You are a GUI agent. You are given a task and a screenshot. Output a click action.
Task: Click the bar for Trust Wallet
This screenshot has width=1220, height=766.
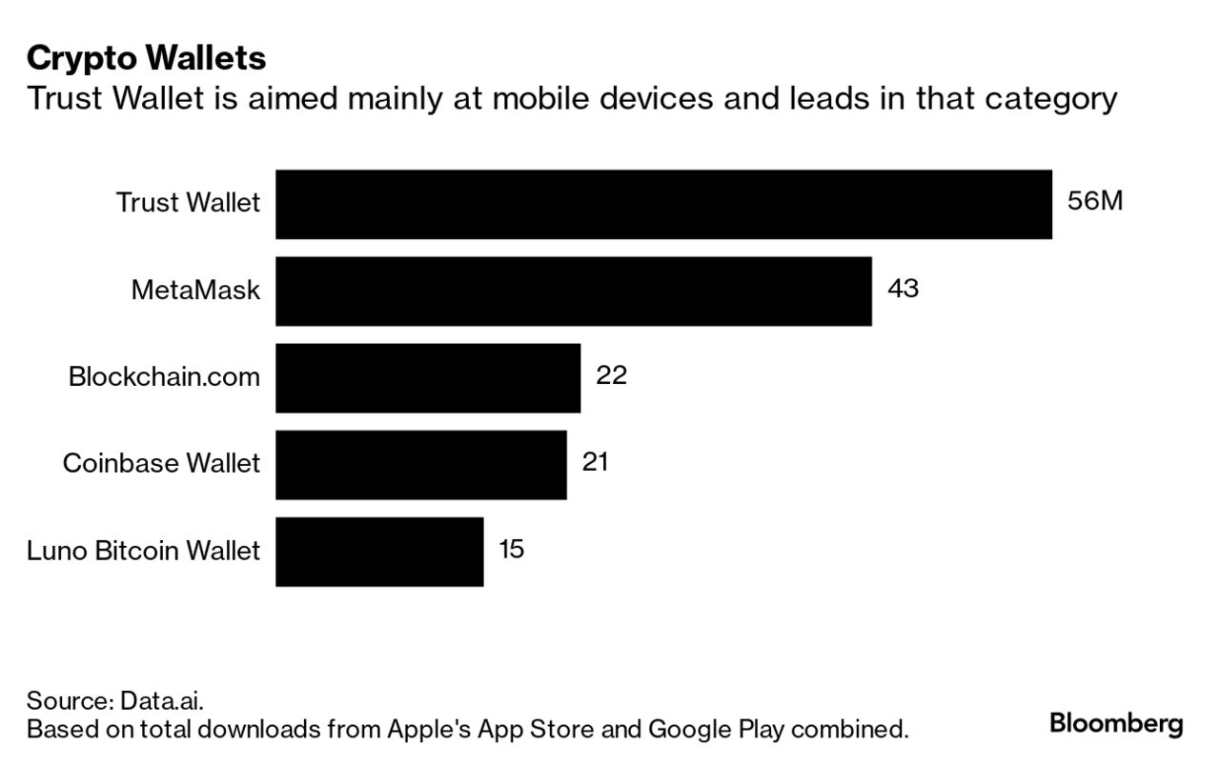[x=663, y=204]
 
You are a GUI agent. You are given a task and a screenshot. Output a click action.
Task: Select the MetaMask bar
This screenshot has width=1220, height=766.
[x=573, y=291]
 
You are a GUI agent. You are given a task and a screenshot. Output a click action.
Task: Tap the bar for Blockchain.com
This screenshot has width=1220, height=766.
[x=428, y=377]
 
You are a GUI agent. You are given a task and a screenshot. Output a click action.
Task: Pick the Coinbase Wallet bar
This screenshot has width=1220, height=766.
[x=420, y=464]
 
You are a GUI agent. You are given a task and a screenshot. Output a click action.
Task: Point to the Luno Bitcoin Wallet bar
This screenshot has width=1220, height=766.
[x=379, y=552]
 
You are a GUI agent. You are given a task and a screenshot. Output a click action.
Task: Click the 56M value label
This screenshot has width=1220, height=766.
[x=1095, y=202]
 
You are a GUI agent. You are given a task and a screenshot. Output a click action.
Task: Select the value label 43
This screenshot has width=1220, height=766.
[x=903, y=289]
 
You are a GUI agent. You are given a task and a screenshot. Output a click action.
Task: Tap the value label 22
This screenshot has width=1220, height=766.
[x=611, y=375]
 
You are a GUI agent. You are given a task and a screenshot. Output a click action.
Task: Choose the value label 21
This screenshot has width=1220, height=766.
[x=595, y=462]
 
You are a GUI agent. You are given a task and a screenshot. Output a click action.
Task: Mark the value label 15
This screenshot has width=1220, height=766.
[x=511, y=550]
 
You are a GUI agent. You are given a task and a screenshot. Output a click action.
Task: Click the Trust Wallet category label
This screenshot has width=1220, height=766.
[x=188, y=203]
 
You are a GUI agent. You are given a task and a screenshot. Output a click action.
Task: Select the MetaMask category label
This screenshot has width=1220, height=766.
[x=195, y=291]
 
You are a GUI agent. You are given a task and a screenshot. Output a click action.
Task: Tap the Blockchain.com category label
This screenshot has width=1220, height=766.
[x=164, y=377]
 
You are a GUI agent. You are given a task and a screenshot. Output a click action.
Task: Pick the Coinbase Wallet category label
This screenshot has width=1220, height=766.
[x=161, y=464]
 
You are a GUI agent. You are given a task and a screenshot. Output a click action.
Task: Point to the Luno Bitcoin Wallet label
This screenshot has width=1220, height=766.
[x=143, y=552]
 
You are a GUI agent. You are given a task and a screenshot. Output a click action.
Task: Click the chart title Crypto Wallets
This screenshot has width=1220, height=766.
[x=146, y=58]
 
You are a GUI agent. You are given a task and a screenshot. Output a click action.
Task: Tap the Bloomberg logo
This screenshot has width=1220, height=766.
[x=1116, y=723]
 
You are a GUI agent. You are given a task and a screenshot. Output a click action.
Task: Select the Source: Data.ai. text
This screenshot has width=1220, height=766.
[x=115, y=702]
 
